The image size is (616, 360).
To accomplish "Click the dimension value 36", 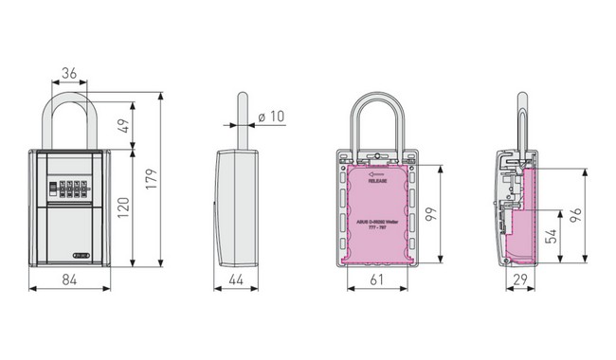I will [x=68, y=72].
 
